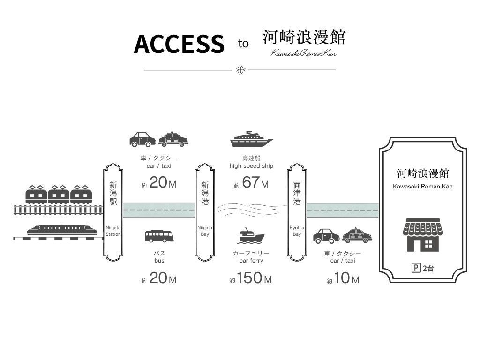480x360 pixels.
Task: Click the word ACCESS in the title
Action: click(x=179, y=44)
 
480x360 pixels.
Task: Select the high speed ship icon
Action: click(x=251, y=139)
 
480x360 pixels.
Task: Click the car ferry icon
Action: click(x=251, y=235)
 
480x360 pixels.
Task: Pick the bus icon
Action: click(x=159, y=236)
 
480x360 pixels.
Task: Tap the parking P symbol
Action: click(x=415, y=269)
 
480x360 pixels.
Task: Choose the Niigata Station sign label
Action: click(x=113, y=230)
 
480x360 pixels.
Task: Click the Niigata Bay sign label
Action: click(x=205, y=230)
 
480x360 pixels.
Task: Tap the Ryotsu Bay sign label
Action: click(x=297, y=230)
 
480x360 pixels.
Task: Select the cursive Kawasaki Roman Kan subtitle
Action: click(x=304, y=53)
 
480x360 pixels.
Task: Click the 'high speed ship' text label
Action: click(x=251, y=166)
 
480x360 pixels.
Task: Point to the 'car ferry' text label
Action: click(x=251, y=261)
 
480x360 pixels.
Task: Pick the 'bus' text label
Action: click(x=159, y=261)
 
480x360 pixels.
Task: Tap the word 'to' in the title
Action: click(x=243, y=44)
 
